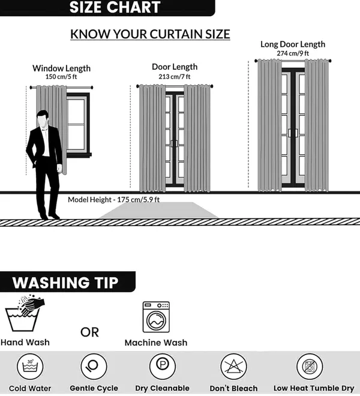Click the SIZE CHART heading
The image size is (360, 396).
pyautogui.click(x=115, y=7)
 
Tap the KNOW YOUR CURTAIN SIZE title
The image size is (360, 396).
pyautogui.click(x=151, y=34)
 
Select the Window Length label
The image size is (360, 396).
pyautogui.click(x=61, y=68)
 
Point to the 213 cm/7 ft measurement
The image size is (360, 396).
pyautogui.click(x=175, y=77)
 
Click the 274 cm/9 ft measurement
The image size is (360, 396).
pyautogui.click(x=293, y=53)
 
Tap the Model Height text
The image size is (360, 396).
pyautogui.click(x=113, y=200)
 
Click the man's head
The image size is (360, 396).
pyautogui.click(x=43, y=119)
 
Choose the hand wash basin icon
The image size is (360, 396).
pyautogui.click(x=25, y=313)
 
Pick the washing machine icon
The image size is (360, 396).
pyautogui.click(x=156, y=317)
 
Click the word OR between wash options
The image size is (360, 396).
pyautogui.click(x=89, y=332)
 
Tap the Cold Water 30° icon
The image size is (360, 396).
pyautogui.click(x=30, y=367)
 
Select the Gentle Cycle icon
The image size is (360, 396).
pyautogui.click(x=94, y=367)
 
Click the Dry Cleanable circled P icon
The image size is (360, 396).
pyautogui.click(x=163, y=367)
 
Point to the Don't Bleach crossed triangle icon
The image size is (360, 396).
pyautogui.click(x=233, y=367)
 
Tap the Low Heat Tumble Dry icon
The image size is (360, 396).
pyautogui.click(x=310, y=367)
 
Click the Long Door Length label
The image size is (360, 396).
pyautogui.click(x=293, y=44)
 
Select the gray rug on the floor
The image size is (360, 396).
pyautogui.click(x=158, y=210)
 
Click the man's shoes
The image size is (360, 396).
pyautogui.click(x=50, y=216)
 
